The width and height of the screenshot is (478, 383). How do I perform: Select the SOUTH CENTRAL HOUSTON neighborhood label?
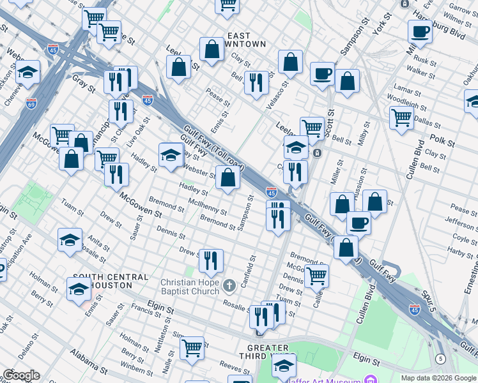(x=111, y=280)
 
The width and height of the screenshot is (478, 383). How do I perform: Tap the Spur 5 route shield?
(x=440, y=359)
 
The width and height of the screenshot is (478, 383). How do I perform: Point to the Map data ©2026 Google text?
(x=438, y=378)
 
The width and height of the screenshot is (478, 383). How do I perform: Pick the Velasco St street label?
(x=279, y=89)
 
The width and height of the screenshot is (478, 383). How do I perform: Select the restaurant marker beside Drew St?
(x=211, y=260)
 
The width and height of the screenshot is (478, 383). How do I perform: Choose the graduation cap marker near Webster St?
(x=171, y=155)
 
